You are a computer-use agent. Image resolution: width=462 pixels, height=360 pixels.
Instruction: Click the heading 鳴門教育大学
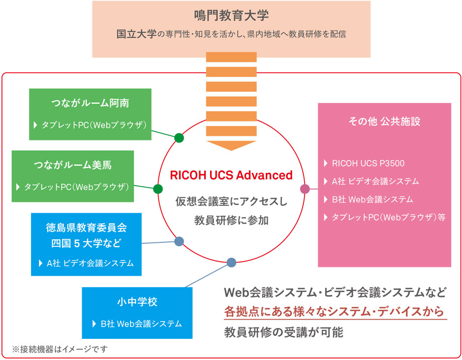[x=231, y=16]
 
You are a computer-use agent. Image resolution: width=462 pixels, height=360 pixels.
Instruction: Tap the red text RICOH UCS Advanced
[x=231, y=175]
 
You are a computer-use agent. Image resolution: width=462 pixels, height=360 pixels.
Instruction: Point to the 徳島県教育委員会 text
[x=87, y=228]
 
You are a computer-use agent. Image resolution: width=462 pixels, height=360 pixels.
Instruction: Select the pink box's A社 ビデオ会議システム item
[x=375, y=181]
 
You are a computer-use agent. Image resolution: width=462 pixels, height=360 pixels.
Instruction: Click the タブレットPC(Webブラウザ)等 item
[x=388, y=217]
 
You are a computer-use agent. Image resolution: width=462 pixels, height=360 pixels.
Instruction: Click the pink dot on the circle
[x=305, y=189]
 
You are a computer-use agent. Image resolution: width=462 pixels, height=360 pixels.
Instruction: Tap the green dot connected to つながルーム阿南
[x=179, y=138]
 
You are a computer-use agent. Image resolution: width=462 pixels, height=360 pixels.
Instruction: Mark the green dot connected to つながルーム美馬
[x=158, y=189]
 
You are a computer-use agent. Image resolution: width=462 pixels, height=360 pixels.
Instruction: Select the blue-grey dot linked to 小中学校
[x=231, y=262]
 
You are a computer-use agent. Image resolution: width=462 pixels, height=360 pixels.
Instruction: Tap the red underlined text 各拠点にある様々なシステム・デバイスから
[x=334, y=312]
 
